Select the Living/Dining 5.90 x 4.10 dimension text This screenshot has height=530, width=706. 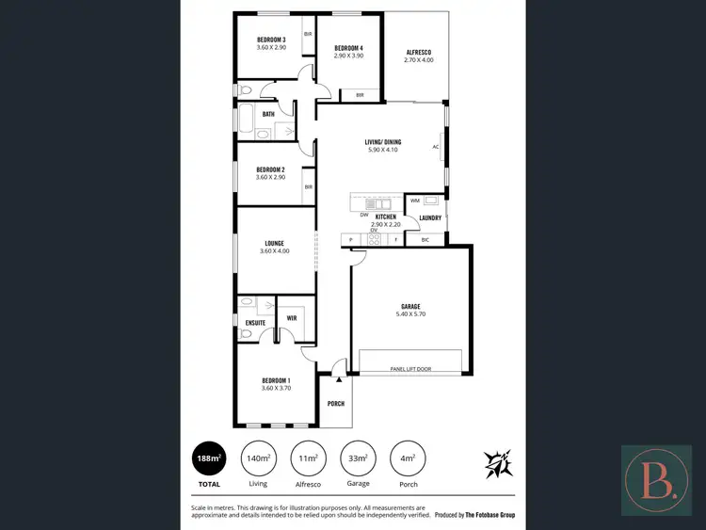tap(382, 150)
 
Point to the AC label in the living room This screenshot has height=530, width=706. tap(436, 147)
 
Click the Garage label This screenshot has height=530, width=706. tap(409, 306)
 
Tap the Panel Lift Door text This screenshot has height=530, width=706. tap(409, 369)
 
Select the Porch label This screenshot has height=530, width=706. tap(336, 403)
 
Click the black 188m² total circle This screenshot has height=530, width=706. tap(208, 458)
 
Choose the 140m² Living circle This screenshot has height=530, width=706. tap(258, 458)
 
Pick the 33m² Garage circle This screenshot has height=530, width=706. tap(357, 458)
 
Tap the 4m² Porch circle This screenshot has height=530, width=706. tap(407, 458)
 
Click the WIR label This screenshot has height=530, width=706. tap(292, 318)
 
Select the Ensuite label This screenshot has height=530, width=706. tap(255, 323)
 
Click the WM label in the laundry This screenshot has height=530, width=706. tap(415, 201)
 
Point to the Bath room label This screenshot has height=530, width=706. tap(268, 115)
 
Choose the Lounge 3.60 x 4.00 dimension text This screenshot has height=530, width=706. tap(274, 250)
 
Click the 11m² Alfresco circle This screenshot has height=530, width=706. tap(307, 458)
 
